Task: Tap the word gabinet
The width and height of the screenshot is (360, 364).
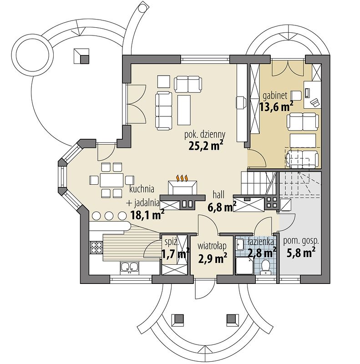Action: (275, 95)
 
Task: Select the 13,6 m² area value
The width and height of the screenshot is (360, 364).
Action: (276, 106)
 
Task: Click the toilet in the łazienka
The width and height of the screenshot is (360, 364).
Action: (265, 267)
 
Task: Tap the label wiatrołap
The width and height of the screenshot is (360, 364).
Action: (212, 246)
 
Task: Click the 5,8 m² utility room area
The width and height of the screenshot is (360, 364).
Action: (301, 253)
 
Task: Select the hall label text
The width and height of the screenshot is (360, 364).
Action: (218, 195)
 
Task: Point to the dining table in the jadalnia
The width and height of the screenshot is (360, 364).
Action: (112, 180)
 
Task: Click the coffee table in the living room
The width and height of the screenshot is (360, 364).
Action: (184, 110)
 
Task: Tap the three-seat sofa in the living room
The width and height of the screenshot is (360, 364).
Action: (164, 111)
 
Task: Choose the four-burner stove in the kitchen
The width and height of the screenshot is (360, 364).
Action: (96, 247)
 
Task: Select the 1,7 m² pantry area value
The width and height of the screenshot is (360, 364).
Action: (175, 254)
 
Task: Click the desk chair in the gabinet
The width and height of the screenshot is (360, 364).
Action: (296, 95)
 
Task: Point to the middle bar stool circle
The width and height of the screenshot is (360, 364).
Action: (109, 216)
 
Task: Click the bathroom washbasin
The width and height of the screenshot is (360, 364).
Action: (240, 244)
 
